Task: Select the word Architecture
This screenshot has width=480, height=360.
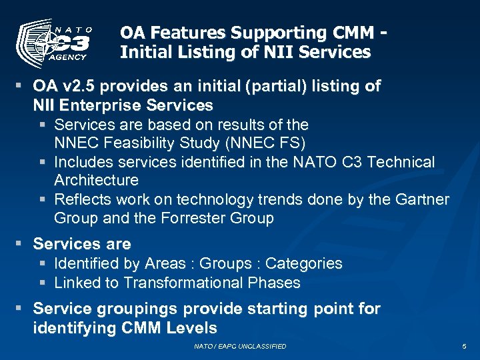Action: tap(96, 181)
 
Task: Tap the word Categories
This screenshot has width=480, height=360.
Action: tap(303, 263)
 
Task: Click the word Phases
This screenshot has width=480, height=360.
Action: tap(275, 283)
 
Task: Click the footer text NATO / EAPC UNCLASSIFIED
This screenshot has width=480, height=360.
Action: tap(240, 347)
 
